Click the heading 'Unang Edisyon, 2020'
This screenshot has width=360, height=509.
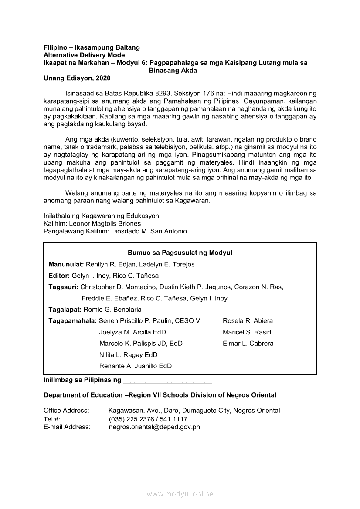point(77,78)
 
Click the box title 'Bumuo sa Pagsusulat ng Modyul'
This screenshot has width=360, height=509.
point(180,253)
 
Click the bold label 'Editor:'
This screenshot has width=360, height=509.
point(59,276)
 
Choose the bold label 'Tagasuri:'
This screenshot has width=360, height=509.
point(64,287)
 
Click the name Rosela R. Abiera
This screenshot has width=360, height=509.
point(248,321)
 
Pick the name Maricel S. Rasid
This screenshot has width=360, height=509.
point(247,332)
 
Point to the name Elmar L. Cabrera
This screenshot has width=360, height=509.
point(248,344)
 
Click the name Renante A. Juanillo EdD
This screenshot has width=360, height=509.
point(136,366)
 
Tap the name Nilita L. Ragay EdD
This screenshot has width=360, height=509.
point(129,355)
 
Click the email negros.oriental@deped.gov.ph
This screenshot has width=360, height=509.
point(154,427)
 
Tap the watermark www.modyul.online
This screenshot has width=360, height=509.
point(180,494)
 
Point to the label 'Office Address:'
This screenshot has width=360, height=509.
point(66,411)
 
